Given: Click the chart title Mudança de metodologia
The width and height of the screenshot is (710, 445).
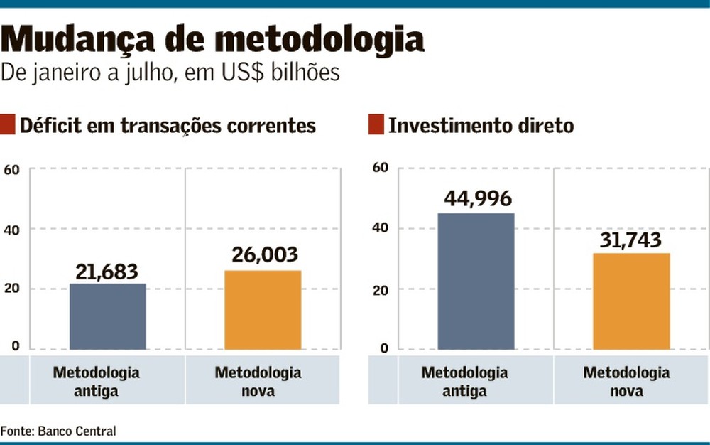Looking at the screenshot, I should tap(212, 41).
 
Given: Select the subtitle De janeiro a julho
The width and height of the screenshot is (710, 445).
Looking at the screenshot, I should tap(170, 73).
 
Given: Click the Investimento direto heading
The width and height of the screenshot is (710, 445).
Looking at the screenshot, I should tap(481, 127).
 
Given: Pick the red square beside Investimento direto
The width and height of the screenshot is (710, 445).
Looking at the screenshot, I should tap(376, 126).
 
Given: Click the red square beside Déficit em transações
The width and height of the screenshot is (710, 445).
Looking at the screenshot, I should tap(8, 126).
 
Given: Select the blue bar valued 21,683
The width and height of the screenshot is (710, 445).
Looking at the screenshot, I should tap(107, 316).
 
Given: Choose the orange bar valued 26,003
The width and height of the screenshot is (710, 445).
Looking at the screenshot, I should tap(263, 310).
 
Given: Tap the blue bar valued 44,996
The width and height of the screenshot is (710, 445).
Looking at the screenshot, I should tap(476, 281).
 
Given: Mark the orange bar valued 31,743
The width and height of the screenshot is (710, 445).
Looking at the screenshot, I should tap(631, 301).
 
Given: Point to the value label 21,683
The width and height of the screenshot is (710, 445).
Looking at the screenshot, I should tap(107, 272).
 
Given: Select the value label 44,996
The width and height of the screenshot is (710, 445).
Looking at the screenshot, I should tap(477, 200).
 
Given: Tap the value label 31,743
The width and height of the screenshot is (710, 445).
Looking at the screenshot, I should tap(631, 240).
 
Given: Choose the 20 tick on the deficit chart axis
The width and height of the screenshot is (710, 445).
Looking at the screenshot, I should tap(11, 289).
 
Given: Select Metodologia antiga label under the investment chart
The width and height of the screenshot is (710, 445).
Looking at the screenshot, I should tap(464, 382).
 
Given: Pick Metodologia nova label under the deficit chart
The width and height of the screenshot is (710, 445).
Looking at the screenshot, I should tap(258, 382).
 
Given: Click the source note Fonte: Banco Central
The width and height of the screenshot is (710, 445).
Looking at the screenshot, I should tap(58, 431).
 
